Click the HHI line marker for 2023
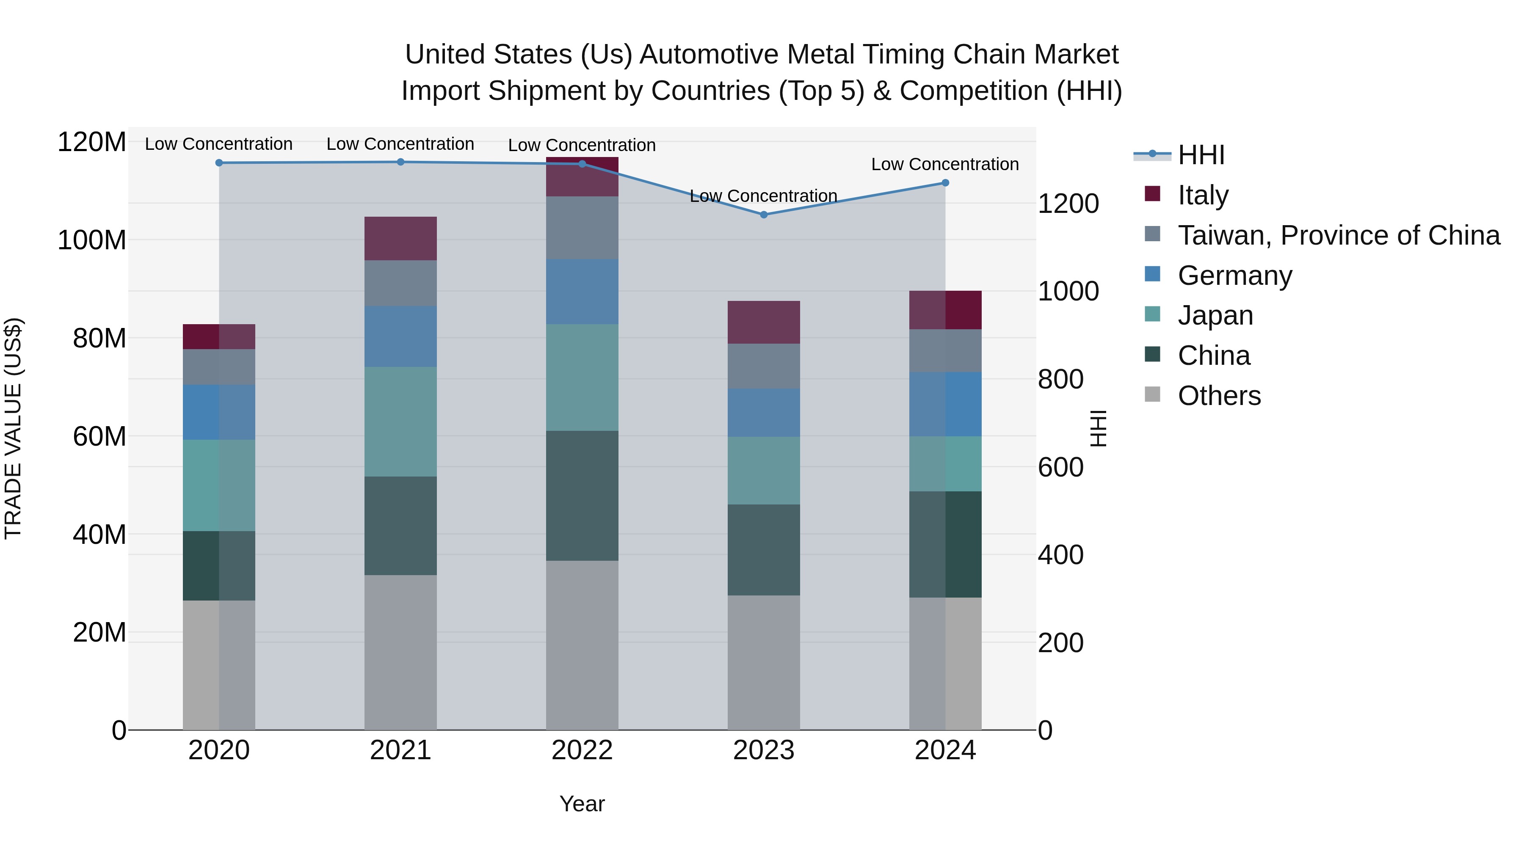[763, 215]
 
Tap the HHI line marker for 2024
[945, 183]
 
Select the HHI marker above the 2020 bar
[219, 163]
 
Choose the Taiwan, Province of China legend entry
[1338, 235]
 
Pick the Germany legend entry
[1235, 275]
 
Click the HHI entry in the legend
[1201, 155]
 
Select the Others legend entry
[1219, 395]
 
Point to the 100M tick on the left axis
[92, 240]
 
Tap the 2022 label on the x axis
[582, 750]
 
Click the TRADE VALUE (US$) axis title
[13, 428]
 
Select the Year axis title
[582, 804]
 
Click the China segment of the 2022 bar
[582, 496]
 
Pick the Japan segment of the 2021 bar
[400, 421]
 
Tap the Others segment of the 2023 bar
[763, 662]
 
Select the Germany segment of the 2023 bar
[763, 412]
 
